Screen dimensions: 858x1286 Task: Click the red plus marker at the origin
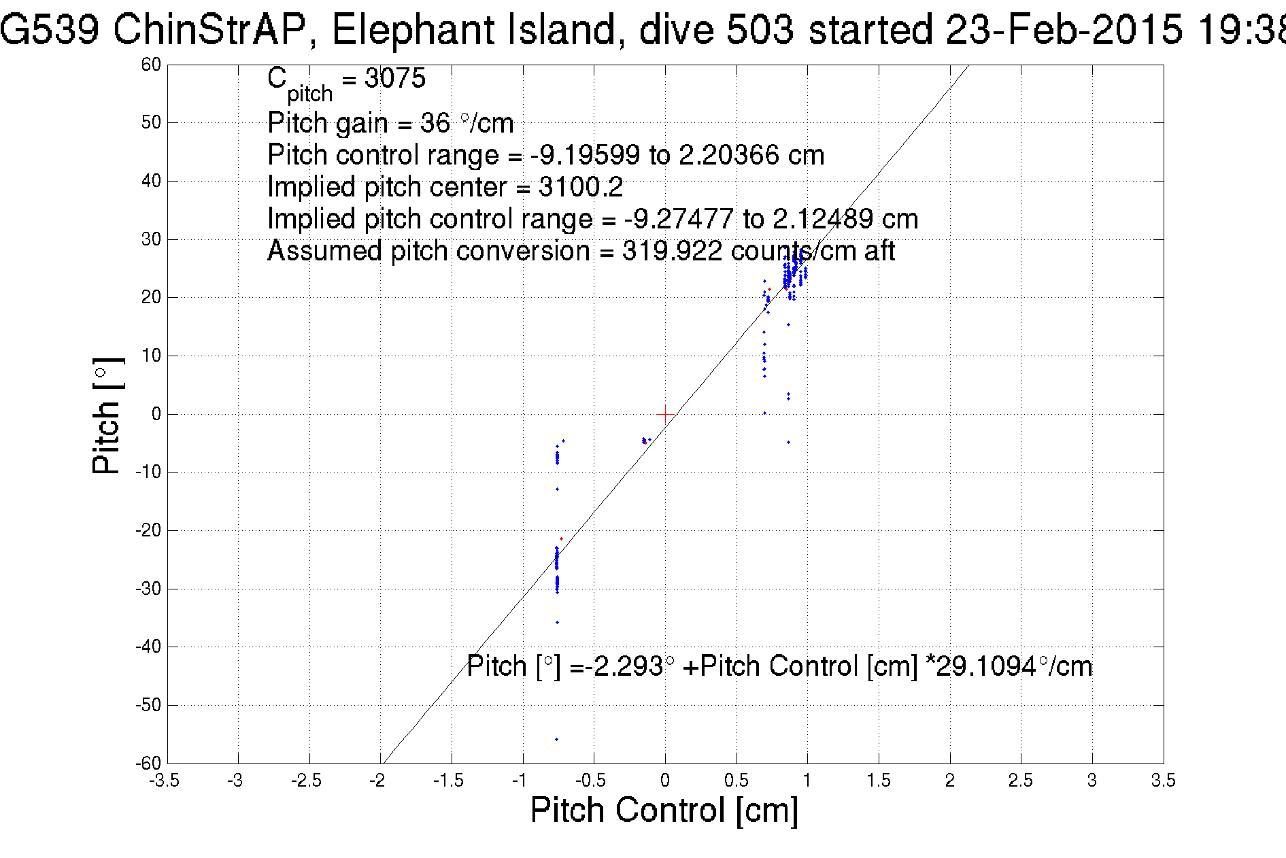[x=665, y=414]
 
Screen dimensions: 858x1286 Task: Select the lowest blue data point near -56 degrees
[x=556, y=739]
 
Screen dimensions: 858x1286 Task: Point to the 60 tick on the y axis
[x=151, y=65]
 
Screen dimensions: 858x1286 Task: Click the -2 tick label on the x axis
[x=377, y=780]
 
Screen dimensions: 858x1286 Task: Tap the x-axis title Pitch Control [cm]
[x=664, y=810]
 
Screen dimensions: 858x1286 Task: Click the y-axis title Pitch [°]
[x=107, y=415]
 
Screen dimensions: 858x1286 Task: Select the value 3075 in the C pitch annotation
[x=394, y=78]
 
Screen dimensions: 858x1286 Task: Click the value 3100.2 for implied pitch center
[x=580, y=187]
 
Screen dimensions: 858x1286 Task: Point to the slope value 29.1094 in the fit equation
[x=985, y=666]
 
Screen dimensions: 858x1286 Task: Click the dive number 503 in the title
[x=760, y=30]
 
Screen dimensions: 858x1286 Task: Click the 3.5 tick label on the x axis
[x=1163, y=780]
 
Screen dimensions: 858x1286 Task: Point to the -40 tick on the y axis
[x=148, y=647]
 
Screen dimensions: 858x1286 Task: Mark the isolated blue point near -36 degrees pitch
[x=557, y=622]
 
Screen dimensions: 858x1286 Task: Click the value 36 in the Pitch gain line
[x=435, y=123]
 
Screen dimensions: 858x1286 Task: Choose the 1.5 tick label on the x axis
[x=878, y=780]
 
